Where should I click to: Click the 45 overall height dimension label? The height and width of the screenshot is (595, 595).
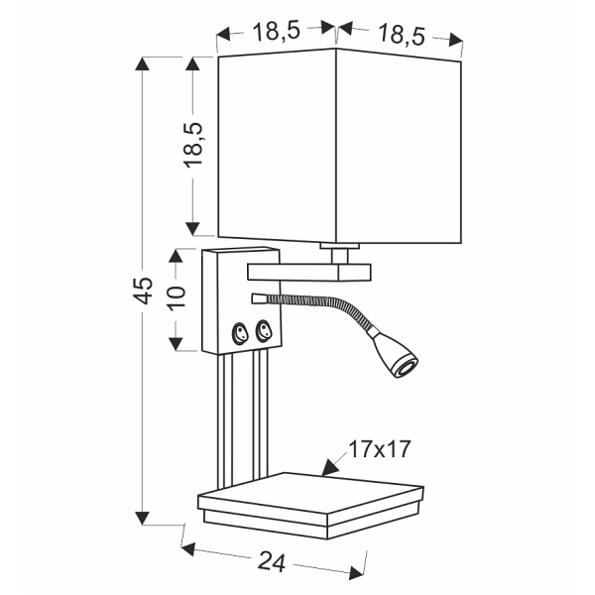point(145,290)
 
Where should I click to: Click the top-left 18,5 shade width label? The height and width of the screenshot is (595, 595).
point(276,31)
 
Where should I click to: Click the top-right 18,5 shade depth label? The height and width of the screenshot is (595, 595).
point(401,36)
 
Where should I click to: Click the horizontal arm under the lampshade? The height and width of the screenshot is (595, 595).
point(309,270)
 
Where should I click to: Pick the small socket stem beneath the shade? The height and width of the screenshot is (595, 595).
point(339,249)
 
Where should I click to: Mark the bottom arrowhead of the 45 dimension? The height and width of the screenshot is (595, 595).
point(145,518)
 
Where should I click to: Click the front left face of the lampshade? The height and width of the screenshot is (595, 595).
point(277,147)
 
